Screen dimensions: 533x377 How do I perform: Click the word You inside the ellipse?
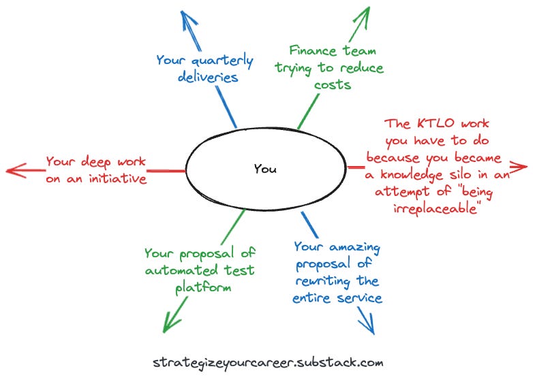(x=265, y=169)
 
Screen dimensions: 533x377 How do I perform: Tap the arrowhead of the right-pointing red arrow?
(x=519, y=166)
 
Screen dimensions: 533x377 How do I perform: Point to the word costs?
(x=333, y=84)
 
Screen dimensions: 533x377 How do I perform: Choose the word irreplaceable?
(x=434, y=208)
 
